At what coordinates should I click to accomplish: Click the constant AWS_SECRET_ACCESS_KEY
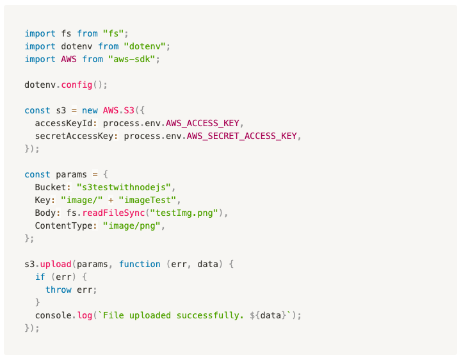[244, 136]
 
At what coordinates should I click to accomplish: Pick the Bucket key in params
[51, 187]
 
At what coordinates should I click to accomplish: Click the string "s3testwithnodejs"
[124, 187]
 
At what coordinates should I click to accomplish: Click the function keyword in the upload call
[140, 264]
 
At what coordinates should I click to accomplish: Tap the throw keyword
[59, 290]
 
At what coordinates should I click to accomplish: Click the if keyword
[40, 277]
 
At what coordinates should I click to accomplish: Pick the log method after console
[85, 315]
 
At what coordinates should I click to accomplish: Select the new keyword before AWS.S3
[90, 110]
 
